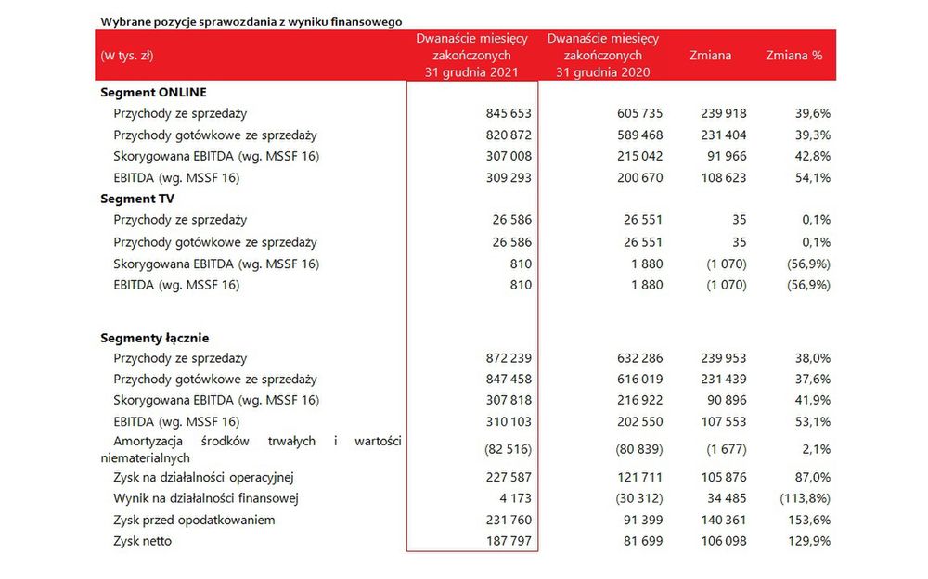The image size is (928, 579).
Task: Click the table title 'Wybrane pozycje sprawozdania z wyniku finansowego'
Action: pyautogui.click(x=251, y=22)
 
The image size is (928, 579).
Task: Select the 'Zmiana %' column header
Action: pyautogui.click(x=793, y=56)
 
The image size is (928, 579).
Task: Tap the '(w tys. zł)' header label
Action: pyautogui.click(x=126, y=56)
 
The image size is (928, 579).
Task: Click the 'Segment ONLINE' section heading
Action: pyautogui.click(x=153, y=93)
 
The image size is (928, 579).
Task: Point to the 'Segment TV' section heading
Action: pyautogui.click(x=137, y=199)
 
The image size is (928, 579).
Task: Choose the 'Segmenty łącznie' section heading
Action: pyautogui.click(x=154, y=338)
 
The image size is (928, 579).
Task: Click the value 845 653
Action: pyautogui.click(x=509, y=113)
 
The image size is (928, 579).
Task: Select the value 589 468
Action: pyautogui.click(x=639, y=135)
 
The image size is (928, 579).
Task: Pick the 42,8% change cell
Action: pyautogui.click(x=813, y=156)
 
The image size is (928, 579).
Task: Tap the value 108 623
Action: pyautogui.click(x=723, y=177)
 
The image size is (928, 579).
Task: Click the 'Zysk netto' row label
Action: pyautogui.click(x=142, y=541)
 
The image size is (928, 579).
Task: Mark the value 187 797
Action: pyautogui.click(x=509, y=541)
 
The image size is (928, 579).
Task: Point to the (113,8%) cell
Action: pyautogui.click(x=805, y=498)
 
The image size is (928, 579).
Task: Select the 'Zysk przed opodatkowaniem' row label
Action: pyautogui.click(x=194, y=521)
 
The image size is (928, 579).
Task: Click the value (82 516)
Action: pyautogui.click(x=508, y=449)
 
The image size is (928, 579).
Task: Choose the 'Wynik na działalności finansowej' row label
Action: pyautogui.click(x=205, y=498)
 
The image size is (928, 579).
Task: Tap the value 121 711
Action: pyautogui.click(x=639, y=477)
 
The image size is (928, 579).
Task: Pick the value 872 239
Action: pyautogui.click(x=509, y=358)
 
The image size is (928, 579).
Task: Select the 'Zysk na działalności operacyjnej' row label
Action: pyautogui.click(x=203, y=478)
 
